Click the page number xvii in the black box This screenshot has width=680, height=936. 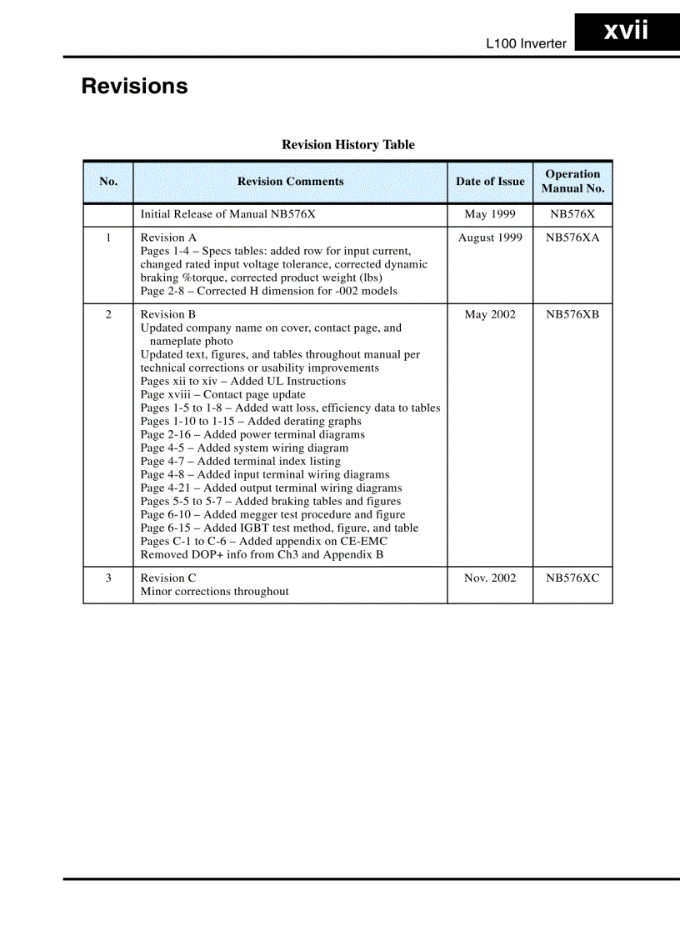tap(626, 32)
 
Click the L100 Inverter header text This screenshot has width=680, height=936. tap(526, 43)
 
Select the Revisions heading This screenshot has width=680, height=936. tap(134, 87)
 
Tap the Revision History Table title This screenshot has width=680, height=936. tap(347, 145)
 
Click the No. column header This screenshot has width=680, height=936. tap(108, 182)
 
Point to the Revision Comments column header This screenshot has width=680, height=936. tap(290, 182)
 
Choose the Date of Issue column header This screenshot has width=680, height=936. tap(490, 182)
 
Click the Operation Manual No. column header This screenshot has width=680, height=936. tap(572, 182)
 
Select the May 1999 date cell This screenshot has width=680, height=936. tap(490, 214)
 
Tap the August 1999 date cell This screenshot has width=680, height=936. tap(490, 238)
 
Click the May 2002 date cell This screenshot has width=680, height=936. tap(490, 314)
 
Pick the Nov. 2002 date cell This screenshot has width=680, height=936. tap(490, 578)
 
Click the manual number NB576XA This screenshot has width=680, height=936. tap(572, 238)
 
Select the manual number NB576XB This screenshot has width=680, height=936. tap(572, 314)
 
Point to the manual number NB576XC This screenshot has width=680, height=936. tap(572, 578)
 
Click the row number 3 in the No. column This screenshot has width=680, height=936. tap(108, 578)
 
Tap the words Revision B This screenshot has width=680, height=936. tap(168, 314)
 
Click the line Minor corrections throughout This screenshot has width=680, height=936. tap(214, 591)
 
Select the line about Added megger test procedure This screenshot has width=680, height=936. tap(272, 514)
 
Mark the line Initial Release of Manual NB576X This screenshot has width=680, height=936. tap(227, 214)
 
